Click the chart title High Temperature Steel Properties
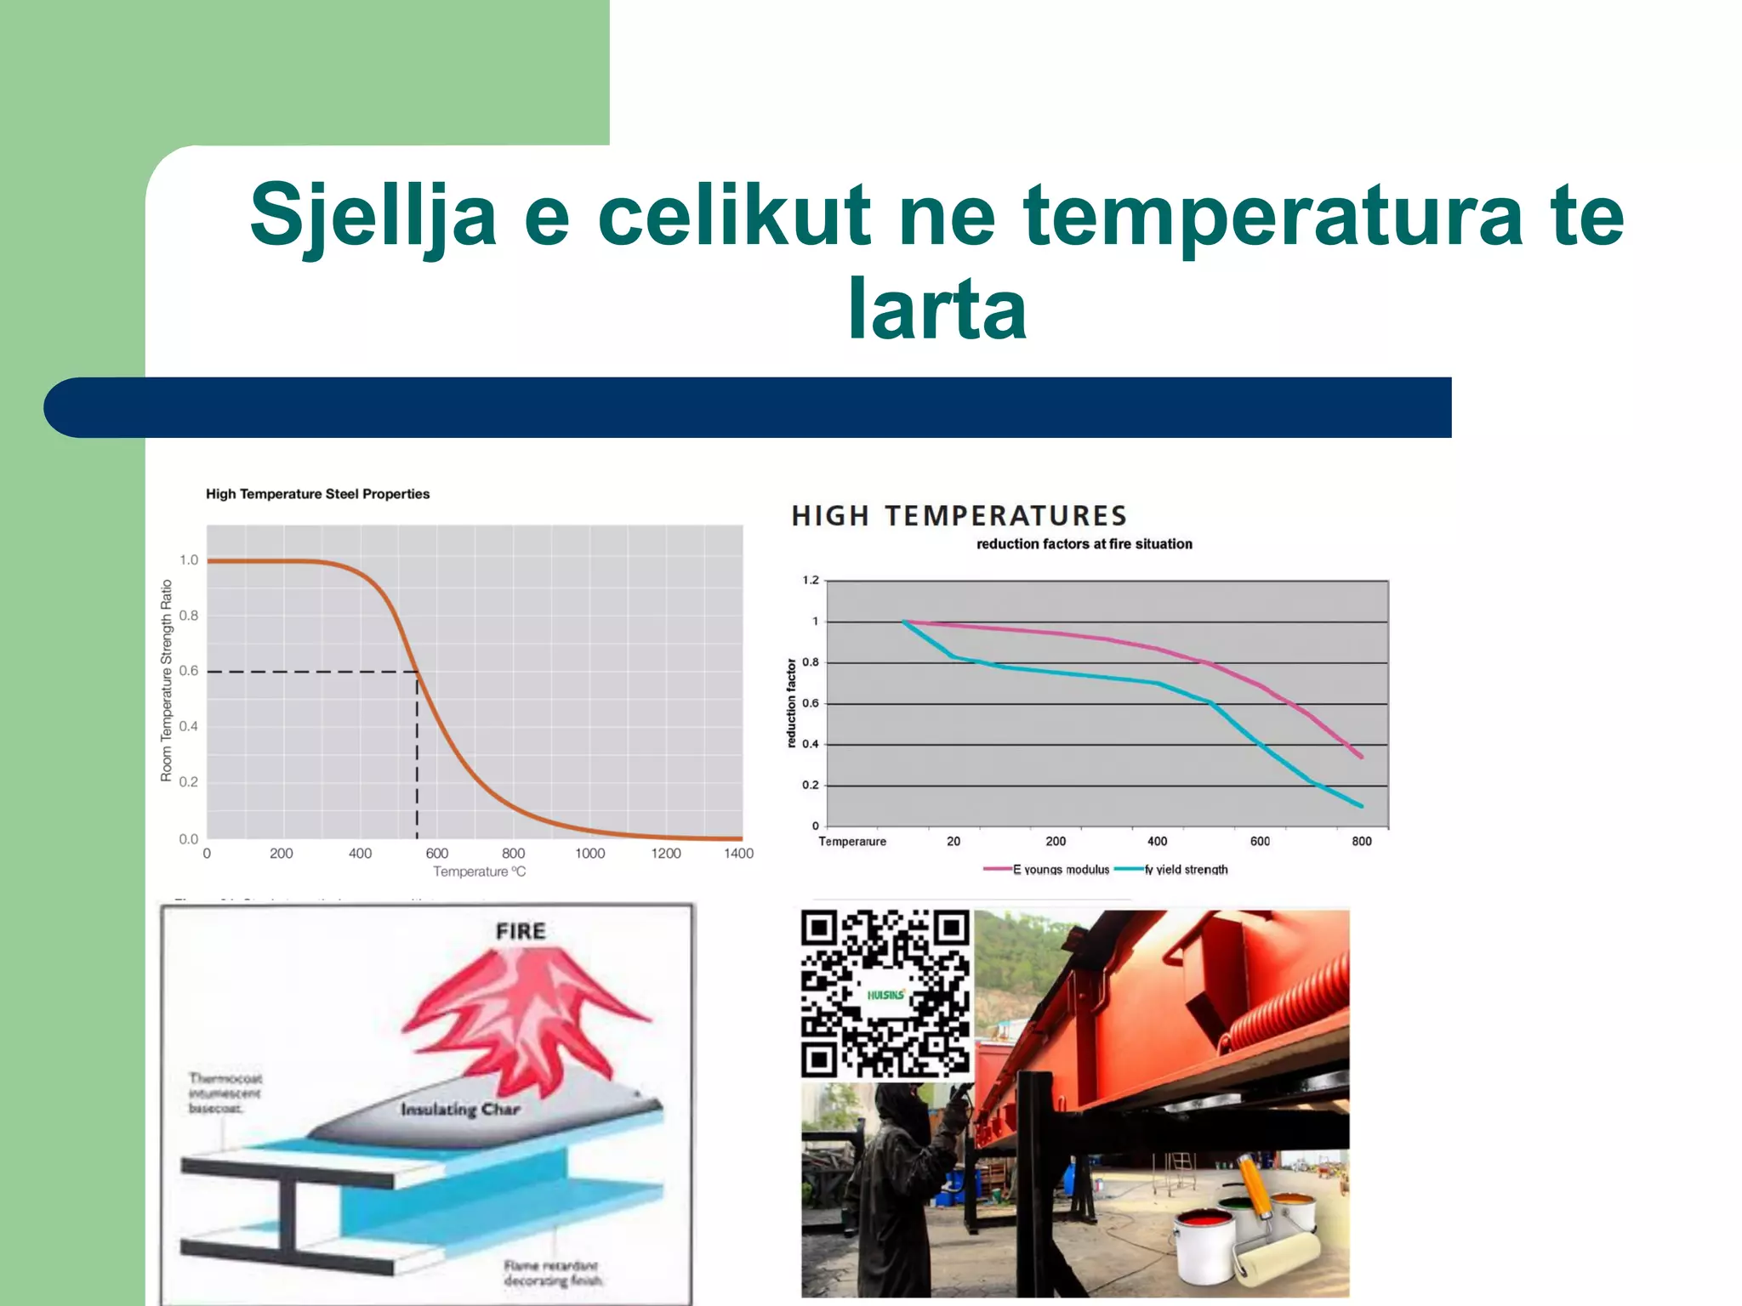(317, 494)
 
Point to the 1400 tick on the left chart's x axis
(738, 853)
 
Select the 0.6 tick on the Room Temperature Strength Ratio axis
(188, 671)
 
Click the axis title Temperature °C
(479, 872)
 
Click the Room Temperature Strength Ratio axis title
(167, 680)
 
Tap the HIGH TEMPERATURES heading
(959, 516)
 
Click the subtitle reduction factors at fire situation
(1084, 544)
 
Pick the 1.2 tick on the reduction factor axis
(810, 581)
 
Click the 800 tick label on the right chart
(1361, 841)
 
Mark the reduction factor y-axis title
(791, 703)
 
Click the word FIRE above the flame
(521, 931)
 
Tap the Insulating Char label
(460, 1110)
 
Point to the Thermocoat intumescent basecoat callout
(225, 1093)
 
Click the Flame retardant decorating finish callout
(553, 1273)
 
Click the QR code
(885, 993)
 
